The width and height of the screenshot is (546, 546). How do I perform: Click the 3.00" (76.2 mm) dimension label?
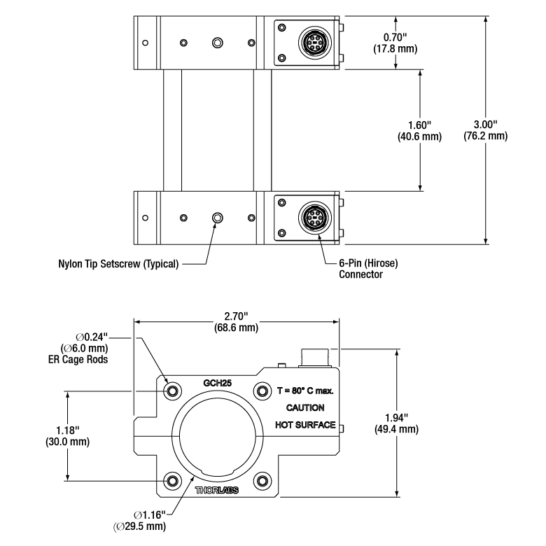485,130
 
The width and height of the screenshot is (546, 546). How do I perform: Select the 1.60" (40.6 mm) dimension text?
419,131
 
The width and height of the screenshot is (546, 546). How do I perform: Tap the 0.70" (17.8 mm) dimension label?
395,43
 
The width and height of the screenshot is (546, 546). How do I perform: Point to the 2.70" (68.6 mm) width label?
236,322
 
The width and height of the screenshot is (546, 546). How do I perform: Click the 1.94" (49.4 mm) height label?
397,423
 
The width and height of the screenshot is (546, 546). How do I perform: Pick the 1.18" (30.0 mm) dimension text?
68,436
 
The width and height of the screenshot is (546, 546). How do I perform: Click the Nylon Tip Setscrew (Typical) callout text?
118,264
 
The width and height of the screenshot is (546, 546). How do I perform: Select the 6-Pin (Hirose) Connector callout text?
368,269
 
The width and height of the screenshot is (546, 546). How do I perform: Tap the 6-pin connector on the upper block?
315,43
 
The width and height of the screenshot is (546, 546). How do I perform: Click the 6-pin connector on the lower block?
315,218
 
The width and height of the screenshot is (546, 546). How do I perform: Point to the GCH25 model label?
217,383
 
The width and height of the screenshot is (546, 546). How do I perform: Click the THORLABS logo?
216,490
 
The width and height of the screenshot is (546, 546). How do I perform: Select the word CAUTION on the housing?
305,408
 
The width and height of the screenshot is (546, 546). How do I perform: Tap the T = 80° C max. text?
305,391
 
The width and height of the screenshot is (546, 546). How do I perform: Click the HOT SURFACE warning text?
305,425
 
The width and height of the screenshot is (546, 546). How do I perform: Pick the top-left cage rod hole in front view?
172,391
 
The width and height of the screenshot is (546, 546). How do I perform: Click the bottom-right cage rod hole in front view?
262,481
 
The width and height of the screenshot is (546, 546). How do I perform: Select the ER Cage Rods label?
78,359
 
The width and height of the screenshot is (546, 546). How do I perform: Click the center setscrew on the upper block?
218,43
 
